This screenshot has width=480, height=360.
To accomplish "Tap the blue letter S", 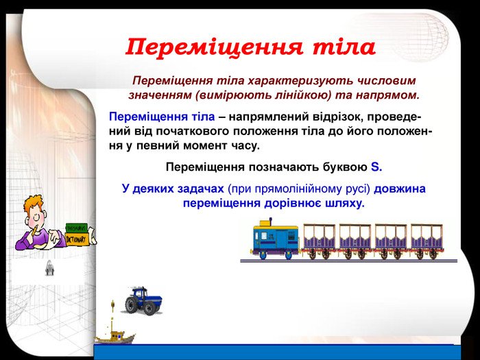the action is pos(375,167).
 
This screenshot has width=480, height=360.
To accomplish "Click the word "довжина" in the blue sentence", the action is pos(400,189).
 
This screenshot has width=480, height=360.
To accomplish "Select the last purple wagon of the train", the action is pos(427,241).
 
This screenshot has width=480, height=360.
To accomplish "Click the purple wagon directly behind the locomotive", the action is pos(320,241).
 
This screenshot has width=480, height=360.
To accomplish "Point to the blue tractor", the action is pos(143,301).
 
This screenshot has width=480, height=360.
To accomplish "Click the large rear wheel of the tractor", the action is pos(132,304).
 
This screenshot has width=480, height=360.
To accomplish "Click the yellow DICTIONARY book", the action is pos(77,239).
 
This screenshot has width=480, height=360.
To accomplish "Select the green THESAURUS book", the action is pos(76,228).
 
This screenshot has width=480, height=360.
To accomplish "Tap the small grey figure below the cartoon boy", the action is pos(49,268).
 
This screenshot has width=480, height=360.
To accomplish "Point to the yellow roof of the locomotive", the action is pos(276,228).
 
